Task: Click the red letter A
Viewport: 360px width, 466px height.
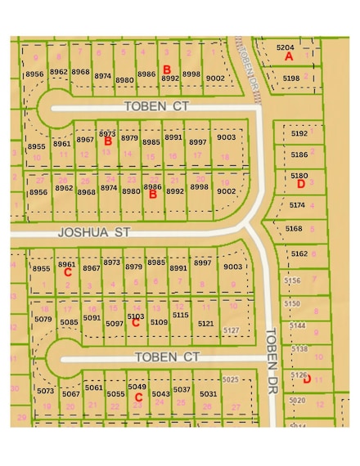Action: (289, 57)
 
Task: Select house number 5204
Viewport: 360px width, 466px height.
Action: (286, 47)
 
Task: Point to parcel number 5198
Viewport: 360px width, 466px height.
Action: (291, 78)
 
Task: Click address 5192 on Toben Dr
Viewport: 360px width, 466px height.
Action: (299, 133)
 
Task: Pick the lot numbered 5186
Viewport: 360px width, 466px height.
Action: (299, 154)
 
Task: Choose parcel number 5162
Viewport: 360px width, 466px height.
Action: (299, 254)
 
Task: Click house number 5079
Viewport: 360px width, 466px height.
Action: (45, 318)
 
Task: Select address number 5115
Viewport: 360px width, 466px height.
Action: (180, 314)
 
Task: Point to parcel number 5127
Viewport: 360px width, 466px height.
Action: (232, 329)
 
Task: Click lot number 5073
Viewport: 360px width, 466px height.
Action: (46, 392)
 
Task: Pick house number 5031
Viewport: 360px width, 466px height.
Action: (209, 394)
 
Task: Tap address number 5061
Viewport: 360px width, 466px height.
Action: (93, 388)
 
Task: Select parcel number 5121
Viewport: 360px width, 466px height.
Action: (205, 324)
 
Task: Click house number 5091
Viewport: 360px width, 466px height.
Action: (92, 317)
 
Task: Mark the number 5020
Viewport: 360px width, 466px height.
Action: (297, 400)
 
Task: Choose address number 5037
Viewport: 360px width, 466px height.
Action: (181, 389)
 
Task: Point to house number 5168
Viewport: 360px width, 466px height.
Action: (295, 229)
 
